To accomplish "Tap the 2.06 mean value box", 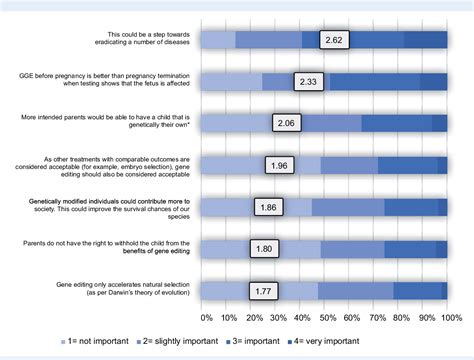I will point(288,123).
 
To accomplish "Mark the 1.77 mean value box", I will point(264,291).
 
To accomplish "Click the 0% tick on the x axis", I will point(206,318).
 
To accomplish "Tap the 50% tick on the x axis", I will point(325,318).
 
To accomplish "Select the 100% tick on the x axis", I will point(447,318).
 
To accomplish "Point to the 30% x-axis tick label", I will point(277,318).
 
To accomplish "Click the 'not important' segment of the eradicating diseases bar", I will point(218,40).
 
